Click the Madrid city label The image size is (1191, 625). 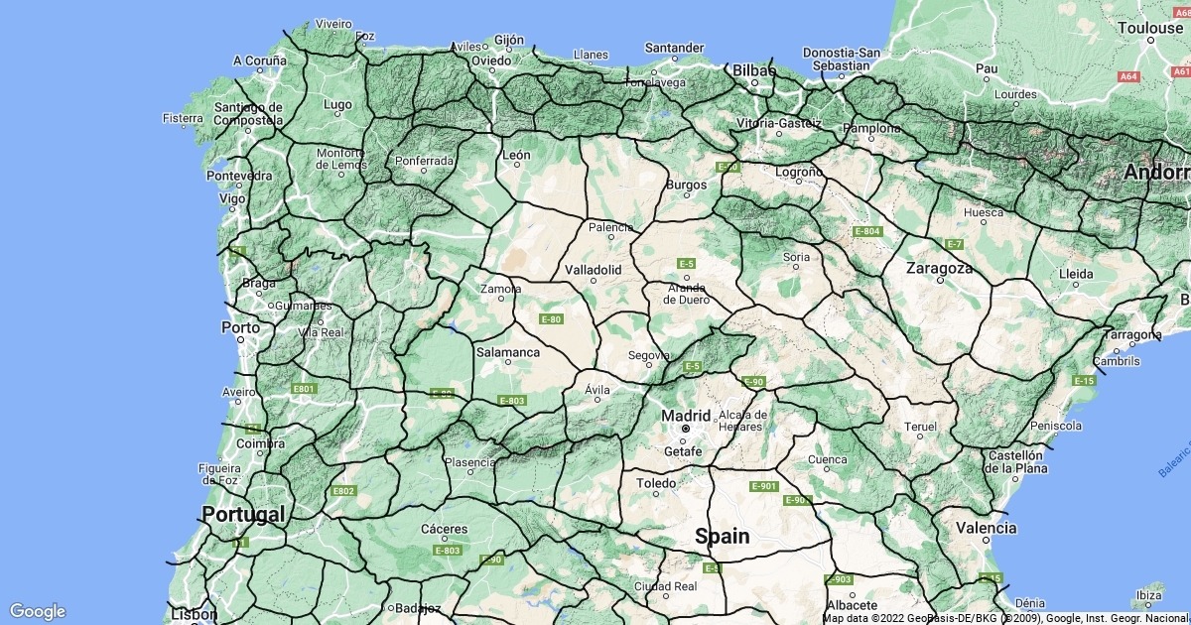(x=686, y=416)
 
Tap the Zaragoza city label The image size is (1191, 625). (x=939, y=268)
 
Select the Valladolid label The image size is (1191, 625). (x=593, y=269)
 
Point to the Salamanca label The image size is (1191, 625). (x=507, y=351)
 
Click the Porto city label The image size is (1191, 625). (x=240, y=326)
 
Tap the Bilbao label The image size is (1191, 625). (x=754, y=70)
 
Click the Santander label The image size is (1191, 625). (x=674, y=47)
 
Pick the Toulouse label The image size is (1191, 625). (x=1150, y=28)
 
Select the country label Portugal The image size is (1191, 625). (x=243, y=514)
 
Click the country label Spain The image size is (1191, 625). (x=722, y=536)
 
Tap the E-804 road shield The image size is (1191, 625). (x=867, y=231)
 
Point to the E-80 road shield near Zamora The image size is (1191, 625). (x=551, y=318)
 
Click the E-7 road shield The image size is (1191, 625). (x=954, y=244)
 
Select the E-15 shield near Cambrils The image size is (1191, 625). (x=1083, y=381)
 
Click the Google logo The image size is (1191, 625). (x=37, y=611)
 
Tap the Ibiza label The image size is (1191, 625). (x=1150, y=595)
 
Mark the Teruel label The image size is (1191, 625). (x=920, y=427)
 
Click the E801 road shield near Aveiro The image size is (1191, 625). (x=303, y=388)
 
